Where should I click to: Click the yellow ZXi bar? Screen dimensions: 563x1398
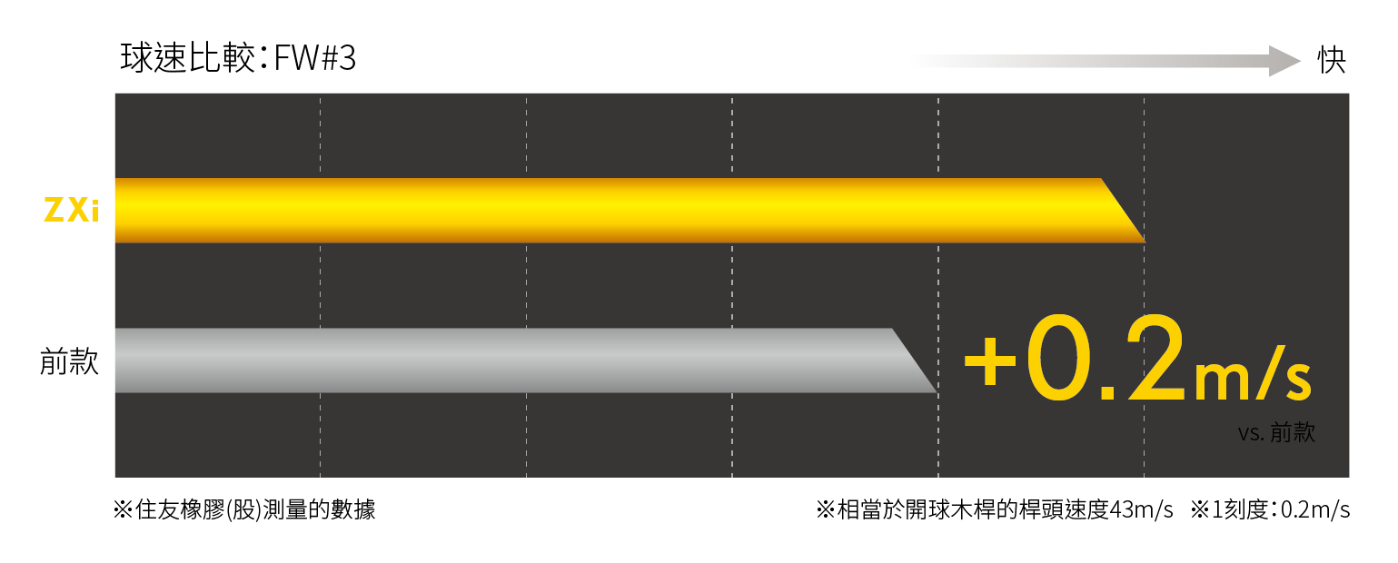tap(600, 211)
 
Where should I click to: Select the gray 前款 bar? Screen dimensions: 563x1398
tap(500, 361)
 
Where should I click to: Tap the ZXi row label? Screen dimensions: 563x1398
tap(71, 211)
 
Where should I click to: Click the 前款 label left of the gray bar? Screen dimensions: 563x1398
tap(69, 361)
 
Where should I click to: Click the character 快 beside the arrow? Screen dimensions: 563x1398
tap(1332, 61)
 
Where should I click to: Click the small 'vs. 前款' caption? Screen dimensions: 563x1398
tap(1276, 433)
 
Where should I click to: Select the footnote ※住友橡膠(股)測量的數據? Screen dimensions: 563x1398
tap(243, 509)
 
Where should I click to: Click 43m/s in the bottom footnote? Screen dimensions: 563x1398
tap(1142, 509)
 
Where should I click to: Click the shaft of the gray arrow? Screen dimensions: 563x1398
tap(1090, 62)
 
